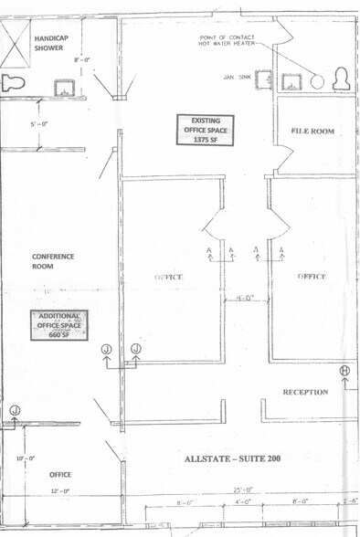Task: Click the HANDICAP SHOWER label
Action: click(x=48, y=42)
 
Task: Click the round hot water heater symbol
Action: click(x=317, y=80)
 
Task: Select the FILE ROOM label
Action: click(x=312, y=132)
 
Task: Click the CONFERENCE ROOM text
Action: click(x=53, y=261)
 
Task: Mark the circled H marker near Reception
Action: click(x=344, y=370)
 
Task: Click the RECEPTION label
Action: click(x=305, y=392)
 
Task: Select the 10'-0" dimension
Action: click(x=26, y=458)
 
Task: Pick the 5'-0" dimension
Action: click(x=39, y=122)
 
